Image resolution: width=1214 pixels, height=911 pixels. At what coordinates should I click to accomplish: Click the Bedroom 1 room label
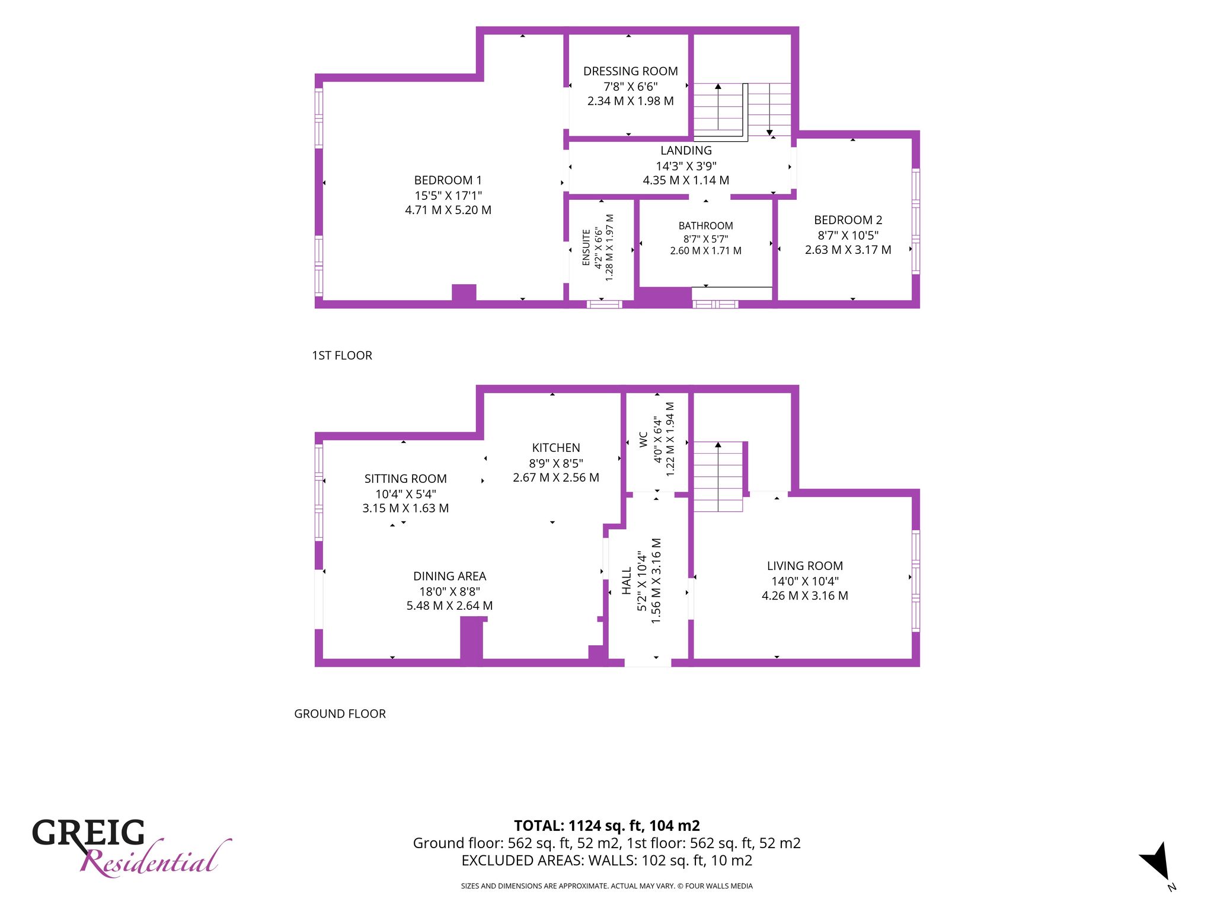tap(448, 180)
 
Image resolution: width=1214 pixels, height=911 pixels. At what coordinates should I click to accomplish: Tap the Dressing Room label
tap(630, 71)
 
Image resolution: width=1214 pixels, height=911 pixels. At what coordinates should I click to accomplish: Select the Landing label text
tap(686, 151)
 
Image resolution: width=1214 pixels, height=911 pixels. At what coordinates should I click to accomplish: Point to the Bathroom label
tap(705, 226)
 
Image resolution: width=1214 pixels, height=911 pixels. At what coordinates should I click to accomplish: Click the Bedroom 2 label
tap(848, 220)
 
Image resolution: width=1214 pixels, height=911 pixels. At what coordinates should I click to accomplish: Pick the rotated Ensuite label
tap(586, 247)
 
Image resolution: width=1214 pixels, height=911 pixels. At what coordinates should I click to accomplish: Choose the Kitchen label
tap(556, 448)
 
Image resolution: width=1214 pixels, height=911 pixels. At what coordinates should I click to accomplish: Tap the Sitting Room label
tap(405, 479)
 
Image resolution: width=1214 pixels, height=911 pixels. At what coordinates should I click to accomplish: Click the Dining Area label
tap(449, 576)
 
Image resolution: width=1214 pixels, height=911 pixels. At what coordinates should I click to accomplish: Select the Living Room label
tap(804, 566)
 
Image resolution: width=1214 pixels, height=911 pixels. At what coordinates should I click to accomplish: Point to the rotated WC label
tap(643, 439)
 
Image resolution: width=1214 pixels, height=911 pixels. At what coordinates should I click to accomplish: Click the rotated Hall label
tap(627, 581)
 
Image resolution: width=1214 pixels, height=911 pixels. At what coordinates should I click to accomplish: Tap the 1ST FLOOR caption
tap(342, 355)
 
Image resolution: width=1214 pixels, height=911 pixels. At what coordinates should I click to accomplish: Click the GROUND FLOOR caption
tap(340, 713)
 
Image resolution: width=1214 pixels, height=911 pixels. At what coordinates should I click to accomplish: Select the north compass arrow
tap(1156, 861)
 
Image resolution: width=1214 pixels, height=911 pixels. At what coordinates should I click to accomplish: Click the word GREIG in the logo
tap(88, 833)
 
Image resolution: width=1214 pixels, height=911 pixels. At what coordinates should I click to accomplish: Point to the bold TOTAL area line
tap(606, 826)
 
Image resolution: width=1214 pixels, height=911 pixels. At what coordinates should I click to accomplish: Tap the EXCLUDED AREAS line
tap(606, 860)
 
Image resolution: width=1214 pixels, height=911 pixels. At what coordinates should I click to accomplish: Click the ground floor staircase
tap(718, 476)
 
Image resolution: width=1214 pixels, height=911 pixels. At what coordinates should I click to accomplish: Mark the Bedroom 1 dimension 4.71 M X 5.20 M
tap(448, 210)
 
